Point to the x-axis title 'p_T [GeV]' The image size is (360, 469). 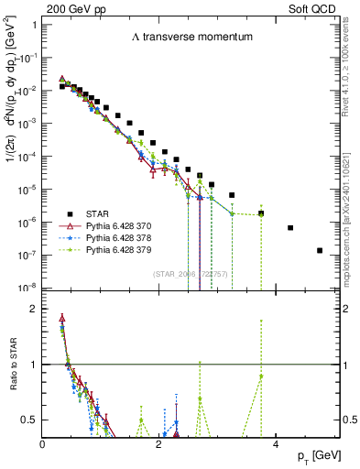319,456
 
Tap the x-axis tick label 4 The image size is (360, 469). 275,444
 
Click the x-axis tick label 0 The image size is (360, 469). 43,444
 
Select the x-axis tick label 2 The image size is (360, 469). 158,444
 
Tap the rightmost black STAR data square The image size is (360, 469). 320,250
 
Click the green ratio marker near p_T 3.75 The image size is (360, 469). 261,376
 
